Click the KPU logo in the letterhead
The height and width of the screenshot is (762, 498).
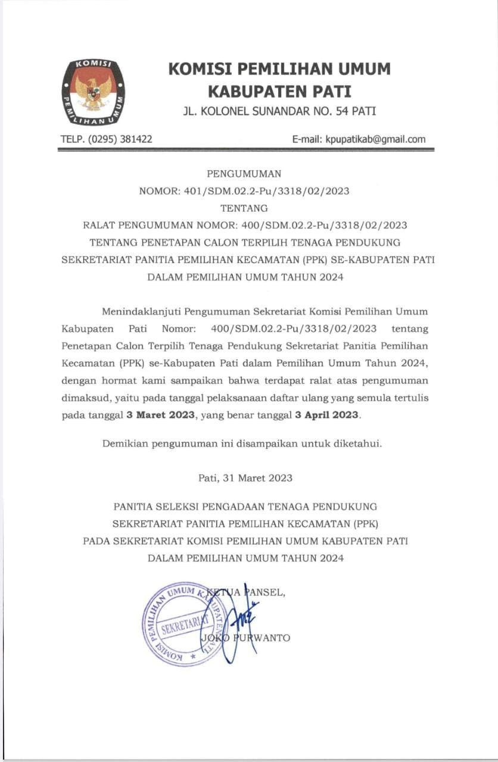(93, 92)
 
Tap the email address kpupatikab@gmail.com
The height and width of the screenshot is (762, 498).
(375, 139)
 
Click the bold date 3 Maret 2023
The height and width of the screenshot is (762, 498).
(161, 415)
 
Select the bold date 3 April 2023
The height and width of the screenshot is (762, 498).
(327, 415)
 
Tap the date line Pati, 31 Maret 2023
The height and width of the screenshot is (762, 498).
(245, 477)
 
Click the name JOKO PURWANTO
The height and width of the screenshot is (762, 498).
(246, 638)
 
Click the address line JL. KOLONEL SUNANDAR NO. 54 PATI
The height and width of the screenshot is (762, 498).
(279, 111)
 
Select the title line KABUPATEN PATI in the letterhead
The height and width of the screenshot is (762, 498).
(279, 92)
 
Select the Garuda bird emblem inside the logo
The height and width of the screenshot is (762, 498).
(93, 92)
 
